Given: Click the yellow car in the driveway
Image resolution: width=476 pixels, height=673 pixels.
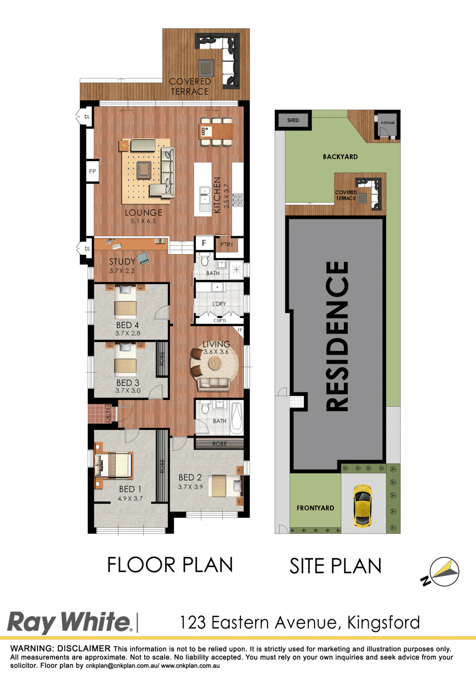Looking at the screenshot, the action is click(x=363, y=506).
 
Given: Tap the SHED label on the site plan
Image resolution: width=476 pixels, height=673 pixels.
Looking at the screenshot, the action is click(x=293, y=120).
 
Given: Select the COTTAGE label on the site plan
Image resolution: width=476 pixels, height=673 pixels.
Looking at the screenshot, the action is click(x=388, y=123).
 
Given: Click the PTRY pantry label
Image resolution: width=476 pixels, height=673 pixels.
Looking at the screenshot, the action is click(x=227, y=245).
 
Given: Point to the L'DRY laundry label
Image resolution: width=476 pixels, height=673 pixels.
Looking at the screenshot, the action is click(x=219, y=304).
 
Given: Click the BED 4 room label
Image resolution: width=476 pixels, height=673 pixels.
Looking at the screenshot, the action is click(x=127, y=325).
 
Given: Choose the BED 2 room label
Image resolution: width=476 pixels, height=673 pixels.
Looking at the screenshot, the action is click(x=190, y=477).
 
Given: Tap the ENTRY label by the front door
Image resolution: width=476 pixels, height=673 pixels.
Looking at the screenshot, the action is click(x=108, y=414).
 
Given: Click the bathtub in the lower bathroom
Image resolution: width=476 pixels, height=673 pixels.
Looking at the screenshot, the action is click(x=237, y=419).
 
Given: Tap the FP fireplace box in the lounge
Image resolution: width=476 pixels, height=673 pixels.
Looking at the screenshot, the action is click(x=93, y=171).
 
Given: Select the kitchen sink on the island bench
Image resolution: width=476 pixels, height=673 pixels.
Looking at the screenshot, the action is click(x=205, y=195).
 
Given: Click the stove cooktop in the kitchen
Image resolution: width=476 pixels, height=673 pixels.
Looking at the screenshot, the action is click(x=238, y=200).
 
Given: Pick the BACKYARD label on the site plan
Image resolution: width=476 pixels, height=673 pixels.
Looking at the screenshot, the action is click(x=340, y=157).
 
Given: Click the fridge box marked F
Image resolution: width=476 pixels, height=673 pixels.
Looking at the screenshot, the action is click(x=204, y=243).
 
